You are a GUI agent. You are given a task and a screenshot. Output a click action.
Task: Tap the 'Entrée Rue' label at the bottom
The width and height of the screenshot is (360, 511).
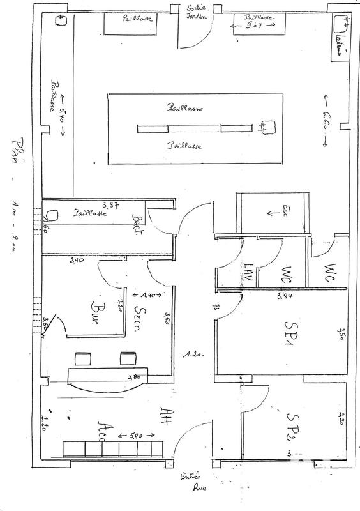[x=191, y=480]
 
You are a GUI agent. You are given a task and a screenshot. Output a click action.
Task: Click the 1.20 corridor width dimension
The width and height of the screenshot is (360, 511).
[x=188, y=353]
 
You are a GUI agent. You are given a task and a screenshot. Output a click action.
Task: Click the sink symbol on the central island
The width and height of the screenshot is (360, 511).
[x=267, y=128]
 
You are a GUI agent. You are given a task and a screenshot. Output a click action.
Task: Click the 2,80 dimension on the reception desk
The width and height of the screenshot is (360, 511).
[x=134, y=376]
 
